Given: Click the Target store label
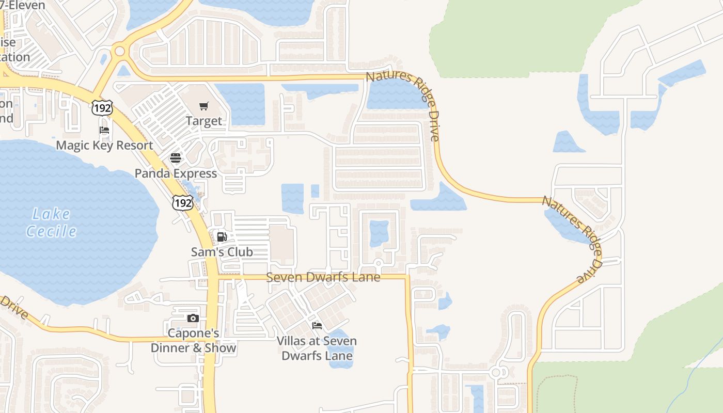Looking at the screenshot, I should pyautogui.click(x=204, y=121).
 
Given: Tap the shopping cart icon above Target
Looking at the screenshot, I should pyautogui.click(x=204, y=106).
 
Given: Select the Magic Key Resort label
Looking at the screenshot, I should pyautogui.click(x=104, y=145).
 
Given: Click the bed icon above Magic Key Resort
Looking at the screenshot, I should pyautogui.click(x=104, y=130).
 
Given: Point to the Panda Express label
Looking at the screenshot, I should pyautogui.click(x=176, y=173).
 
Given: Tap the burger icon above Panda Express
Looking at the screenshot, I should pyautogui.click(x=176, y=158).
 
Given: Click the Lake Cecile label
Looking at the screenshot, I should pyautogui.click(x=51, y=223).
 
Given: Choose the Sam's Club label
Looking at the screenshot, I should pyautogui.click(x=222, y=252).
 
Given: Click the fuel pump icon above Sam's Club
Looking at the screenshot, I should pyautogui.click(x=222, y=237).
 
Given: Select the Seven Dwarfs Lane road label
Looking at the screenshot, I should pyautogui.click(x=323, y=277).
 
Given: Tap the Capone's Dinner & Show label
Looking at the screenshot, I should pyautogui.click(x=193, y=341).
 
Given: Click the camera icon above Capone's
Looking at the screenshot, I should pyautogui.click(x=193, y=318).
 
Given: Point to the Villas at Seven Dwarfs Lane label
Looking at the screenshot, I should pyautogui.click(x=317, y=348).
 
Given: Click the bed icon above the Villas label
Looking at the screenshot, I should pyautogui.click(x=317, y=326).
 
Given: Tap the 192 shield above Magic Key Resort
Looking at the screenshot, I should pyautogui.click(x=102, y=108).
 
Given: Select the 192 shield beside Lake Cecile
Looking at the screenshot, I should pyautogui.click(x=183, y=202).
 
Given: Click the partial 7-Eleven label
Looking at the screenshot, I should pyautogui.click(x=23, y=5).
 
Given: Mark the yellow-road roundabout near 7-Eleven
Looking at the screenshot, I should pyautogui.click(x=120, y=51).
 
